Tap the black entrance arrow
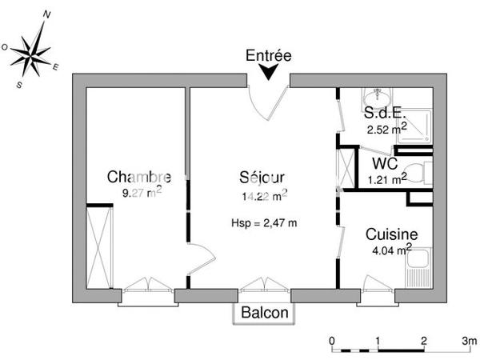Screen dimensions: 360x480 (x=269, y=73)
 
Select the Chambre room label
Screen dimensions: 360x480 (x=139, y=177)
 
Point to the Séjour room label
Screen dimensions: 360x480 (x=262, y=177)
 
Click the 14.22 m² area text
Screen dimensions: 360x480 (x=264, y=194)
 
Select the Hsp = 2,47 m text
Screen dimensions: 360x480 (x=264, y=222)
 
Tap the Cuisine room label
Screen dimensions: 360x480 (x=392, y=234)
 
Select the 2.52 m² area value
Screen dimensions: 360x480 (x=386, y=128)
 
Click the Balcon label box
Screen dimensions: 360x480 (x=263, y=313)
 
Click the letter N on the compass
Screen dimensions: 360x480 (x=48, y=14)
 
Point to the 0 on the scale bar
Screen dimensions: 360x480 (x=333, y=340)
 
